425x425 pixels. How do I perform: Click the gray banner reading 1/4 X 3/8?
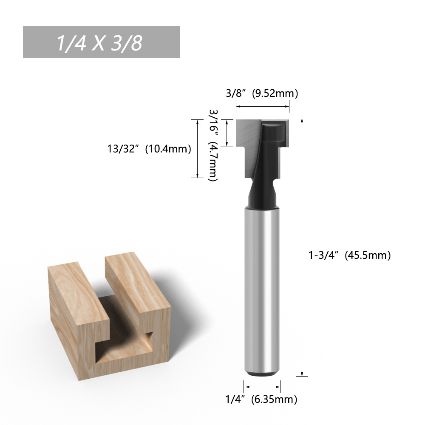pos(101,42)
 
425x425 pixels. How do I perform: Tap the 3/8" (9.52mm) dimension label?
pos(262,93)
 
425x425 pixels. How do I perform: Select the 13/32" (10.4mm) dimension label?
pos(149,149)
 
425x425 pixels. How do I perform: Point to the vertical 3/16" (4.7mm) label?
pos(213,145)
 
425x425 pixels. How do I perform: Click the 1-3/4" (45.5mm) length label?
pos(350,255)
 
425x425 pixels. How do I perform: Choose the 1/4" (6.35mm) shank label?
pos(261,399)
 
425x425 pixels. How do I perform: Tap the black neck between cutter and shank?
pos(262,193)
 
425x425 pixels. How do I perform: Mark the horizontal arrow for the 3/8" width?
pos(262,107)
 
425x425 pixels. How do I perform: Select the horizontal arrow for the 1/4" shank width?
pos(262,387)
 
